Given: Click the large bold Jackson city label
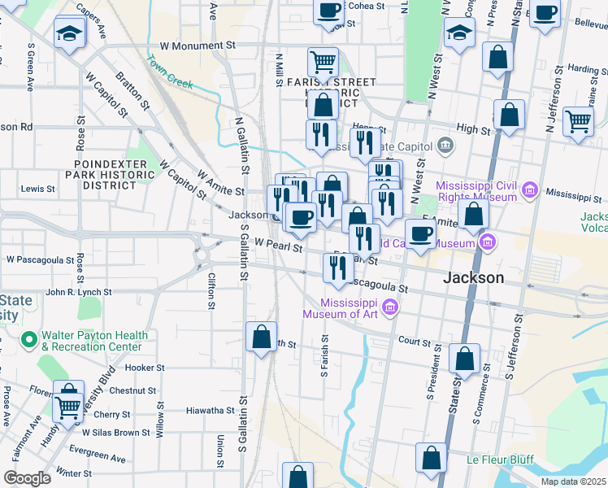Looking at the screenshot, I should [x=473, y=277].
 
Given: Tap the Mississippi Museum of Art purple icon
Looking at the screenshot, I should [x=390, y=307].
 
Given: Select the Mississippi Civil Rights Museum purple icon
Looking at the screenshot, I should [x=530, y=191].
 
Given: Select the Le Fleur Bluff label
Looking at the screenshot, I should [x=499, y=460].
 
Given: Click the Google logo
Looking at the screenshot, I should [x=27, y=478].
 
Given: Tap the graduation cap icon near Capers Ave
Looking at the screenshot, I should [x=69, y=33].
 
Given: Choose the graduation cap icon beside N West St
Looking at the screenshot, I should [x=459, y=33].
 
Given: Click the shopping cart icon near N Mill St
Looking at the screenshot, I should [x=323, y=61].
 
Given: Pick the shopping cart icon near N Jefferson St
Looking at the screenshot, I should [x=578, y=121].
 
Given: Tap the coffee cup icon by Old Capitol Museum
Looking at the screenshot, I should [x=420, y=234].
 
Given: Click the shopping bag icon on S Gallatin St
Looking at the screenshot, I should [x=261, y=337].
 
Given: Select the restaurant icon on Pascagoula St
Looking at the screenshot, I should [x=337, y=268].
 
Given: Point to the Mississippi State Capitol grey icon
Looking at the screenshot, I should [x=445, y=146].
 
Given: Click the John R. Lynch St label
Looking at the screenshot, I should [x=78, y=292].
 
